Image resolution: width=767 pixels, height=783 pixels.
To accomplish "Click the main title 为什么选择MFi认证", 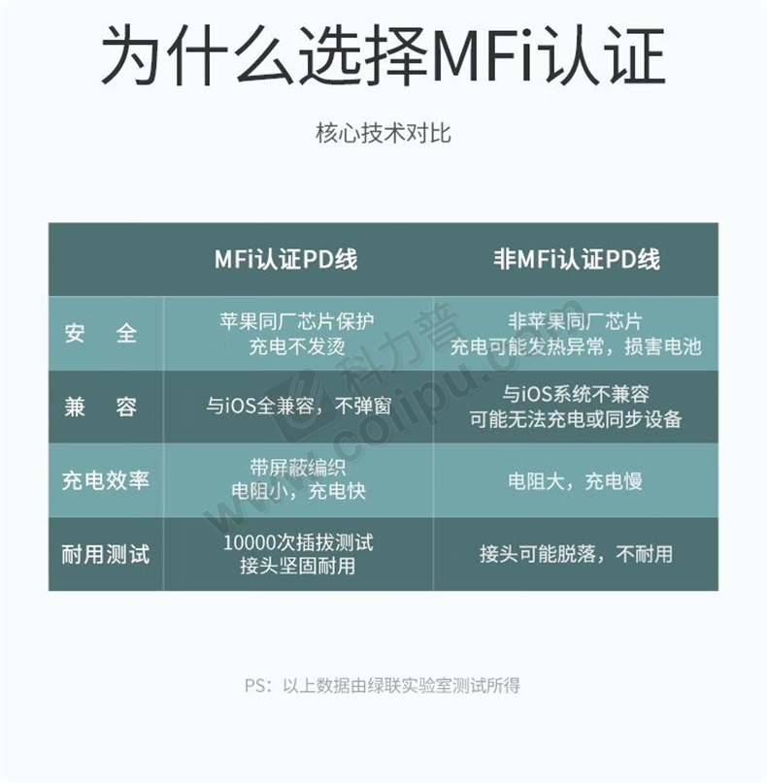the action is pyautogui.click(x=383, y=55).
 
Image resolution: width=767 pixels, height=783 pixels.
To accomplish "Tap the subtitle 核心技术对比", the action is pyautogui.click(x=383, y=133).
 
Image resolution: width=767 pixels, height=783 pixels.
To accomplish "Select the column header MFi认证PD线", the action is pyautogui.click(x=285, y=260).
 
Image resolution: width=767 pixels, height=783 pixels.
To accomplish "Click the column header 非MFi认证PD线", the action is pyautogui.click(x=577, y=260).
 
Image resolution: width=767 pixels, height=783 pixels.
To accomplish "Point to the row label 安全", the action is pyautogui.click(x=100, y=333).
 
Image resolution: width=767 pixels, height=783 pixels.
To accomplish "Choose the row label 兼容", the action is pyautogui.click(x=100, y=407).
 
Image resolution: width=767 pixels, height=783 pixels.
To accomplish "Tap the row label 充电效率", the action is pyautogui.click(x=106, y=480).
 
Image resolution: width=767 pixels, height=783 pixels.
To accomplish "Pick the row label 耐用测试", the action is pyautogui.click(x=106, y=554).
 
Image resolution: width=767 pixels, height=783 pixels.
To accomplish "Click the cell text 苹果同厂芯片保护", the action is pyautogui.click(x=297, y=321).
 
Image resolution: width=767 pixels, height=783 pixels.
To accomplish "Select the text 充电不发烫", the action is pyautogui.click(x=297, y=346).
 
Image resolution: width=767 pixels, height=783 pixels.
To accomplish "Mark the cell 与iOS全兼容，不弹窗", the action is pyautogui.click(x=298, y=406).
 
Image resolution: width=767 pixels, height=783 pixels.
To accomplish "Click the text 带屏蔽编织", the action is pyautogui.click(x=298, y=468).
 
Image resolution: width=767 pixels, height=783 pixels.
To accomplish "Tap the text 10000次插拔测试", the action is pyautogui.click(x=298, y=542).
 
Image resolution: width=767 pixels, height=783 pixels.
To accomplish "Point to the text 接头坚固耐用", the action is pyautogui.click(x=298, y=567).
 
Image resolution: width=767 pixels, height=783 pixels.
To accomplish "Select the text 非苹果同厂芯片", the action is pyautogui.click(x=576, y=321).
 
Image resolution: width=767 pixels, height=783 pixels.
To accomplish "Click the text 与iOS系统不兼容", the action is pyautogui.click(x=576, y=395).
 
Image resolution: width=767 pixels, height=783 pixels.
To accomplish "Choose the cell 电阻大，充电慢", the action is pyautogui.click(x=575, y=481).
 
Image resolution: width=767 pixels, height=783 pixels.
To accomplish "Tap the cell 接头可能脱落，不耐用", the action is pyautogui.click(x=576, y=554).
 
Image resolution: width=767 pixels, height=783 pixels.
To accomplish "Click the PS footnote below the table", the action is pyautogui.click(x=383, y=685).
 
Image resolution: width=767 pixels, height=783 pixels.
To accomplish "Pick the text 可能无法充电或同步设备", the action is pyautogui.click(x=576, y=419).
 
